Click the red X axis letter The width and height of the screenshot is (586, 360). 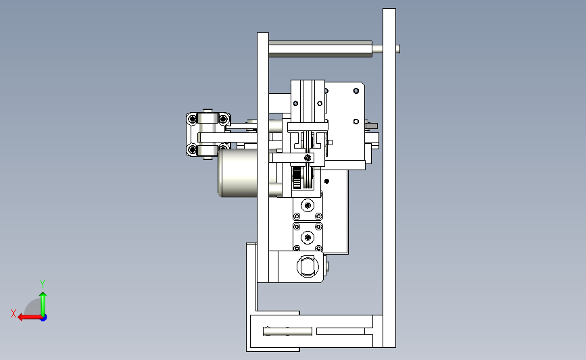pos(14,313)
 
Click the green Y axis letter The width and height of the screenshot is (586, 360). pos(42,284)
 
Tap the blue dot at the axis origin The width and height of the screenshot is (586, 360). pos(43,317)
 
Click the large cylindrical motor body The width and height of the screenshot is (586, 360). pos(238,173)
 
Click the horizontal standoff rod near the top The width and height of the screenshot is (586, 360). pos(320,49)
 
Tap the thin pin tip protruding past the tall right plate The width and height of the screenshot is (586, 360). pos(398,49)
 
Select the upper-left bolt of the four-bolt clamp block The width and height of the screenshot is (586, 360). pos(193,119)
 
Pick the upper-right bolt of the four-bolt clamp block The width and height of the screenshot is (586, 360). pos(223,119)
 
